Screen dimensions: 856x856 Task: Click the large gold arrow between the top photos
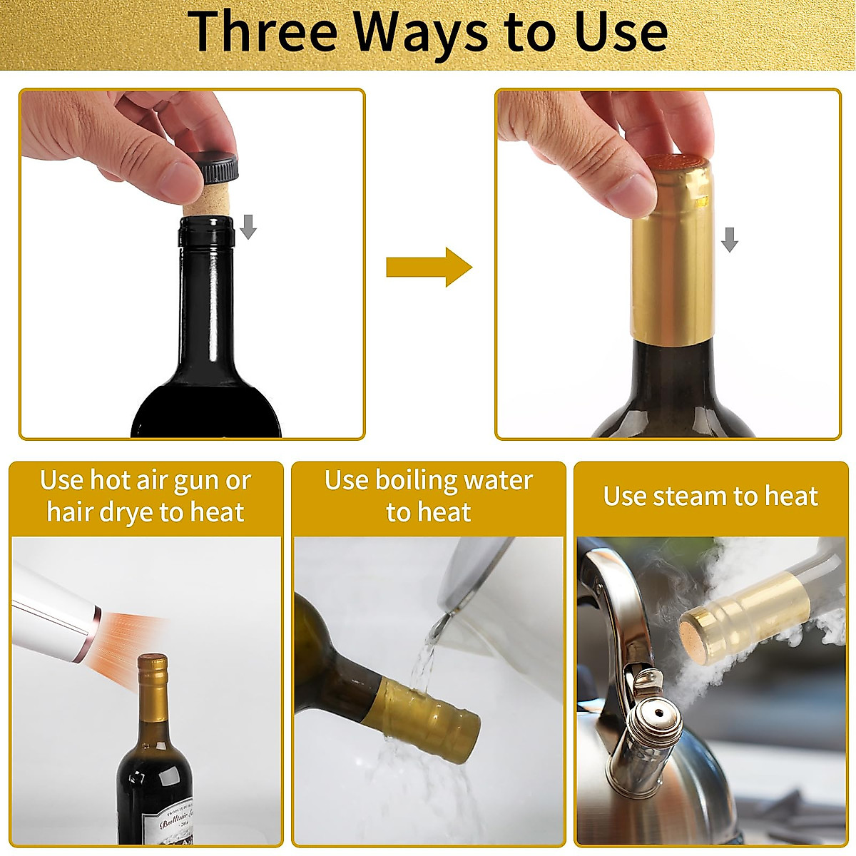[x=429, y=267]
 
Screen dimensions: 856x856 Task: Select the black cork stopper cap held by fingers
[x=213, y=169]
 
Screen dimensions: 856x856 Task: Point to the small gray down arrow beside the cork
[x=248, y=227]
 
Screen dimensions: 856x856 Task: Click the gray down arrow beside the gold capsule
[x=729, y=240]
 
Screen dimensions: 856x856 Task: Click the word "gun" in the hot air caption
[x=195, y=481]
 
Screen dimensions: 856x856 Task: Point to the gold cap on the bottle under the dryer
[x=152, y=685]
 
